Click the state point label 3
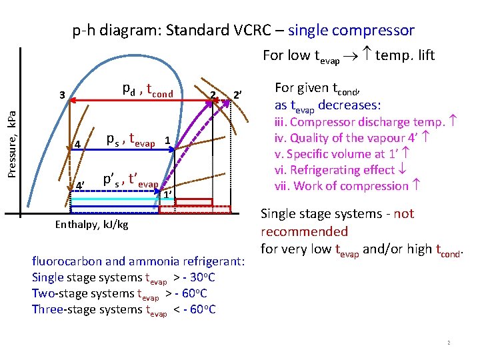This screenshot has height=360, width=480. click(x=62, y=95)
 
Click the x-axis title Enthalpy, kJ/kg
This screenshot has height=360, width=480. click(x=91, y=225)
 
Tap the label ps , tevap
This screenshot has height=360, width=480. click(x=131, y=140)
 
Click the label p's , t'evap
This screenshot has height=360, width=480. click(x=130, y=181)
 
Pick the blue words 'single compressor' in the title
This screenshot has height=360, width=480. click(x=351, y=30)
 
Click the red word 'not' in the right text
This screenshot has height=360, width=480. click(x=404, y=214)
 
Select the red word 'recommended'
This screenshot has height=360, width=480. click(x=304, y=231)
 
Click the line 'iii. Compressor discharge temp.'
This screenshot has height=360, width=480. click(x=365, y=122)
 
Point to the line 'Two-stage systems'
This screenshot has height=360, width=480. click(x=119, y=293)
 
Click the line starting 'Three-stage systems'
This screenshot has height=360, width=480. click(x=123, y=309)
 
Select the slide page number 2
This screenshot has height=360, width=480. click(x=449, y=343)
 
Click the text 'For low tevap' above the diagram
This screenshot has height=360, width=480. click(x=301, y=55)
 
